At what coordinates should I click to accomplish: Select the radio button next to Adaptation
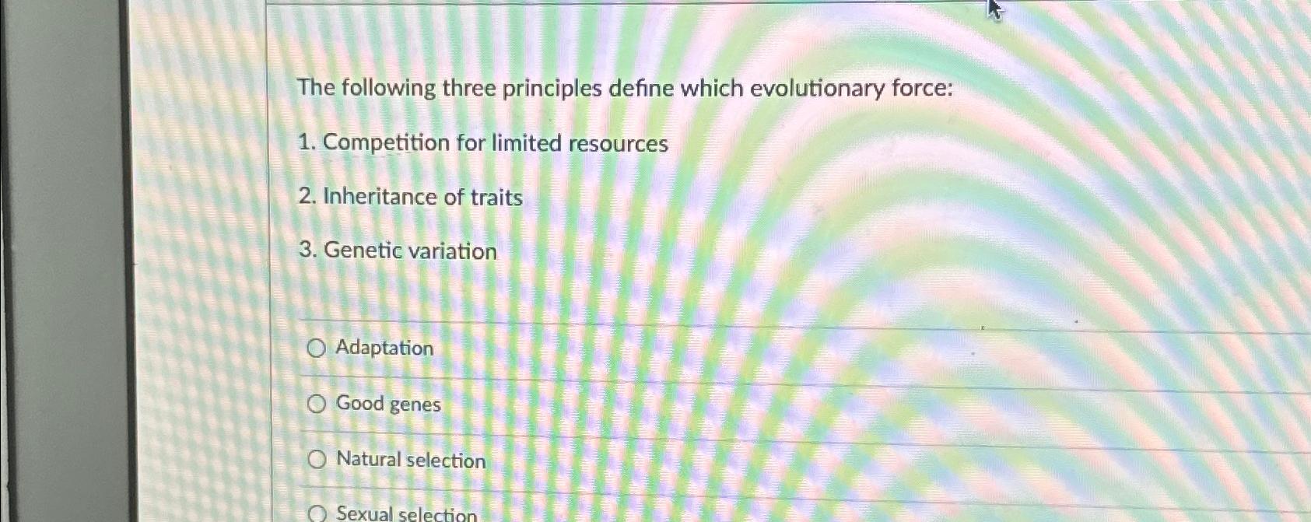click(316, 349)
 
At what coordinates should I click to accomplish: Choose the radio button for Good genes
click(316, 404)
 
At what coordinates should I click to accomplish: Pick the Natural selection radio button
click(317, 460)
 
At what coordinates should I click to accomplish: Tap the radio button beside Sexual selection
click(317, 513)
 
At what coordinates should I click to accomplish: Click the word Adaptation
click(384, 348)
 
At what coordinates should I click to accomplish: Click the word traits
click(496, 198)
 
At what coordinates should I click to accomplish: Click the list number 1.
click(307, 143)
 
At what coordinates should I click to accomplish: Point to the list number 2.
click(307, 197)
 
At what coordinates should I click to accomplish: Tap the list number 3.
click(307, 250)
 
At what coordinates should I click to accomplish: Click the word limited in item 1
click(526, 143)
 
